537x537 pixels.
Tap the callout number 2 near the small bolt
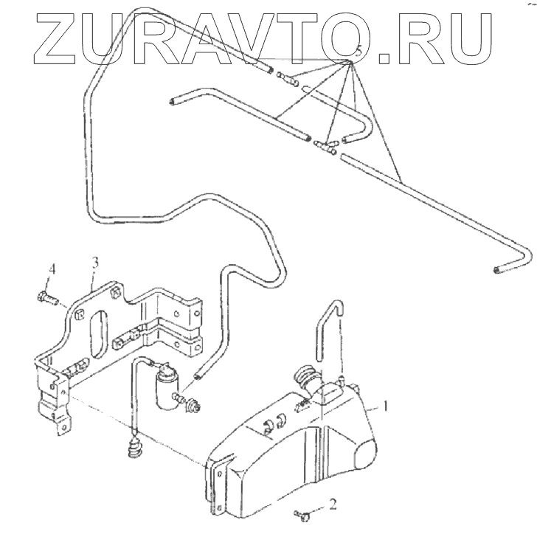(x=333, y=505)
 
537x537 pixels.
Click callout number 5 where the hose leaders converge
(x=357, y=52)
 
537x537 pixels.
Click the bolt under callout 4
(x=46, y=299)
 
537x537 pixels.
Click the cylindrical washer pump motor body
(x=165, y=388)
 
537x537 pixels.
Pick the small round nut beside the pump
(x=195, y=404)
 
